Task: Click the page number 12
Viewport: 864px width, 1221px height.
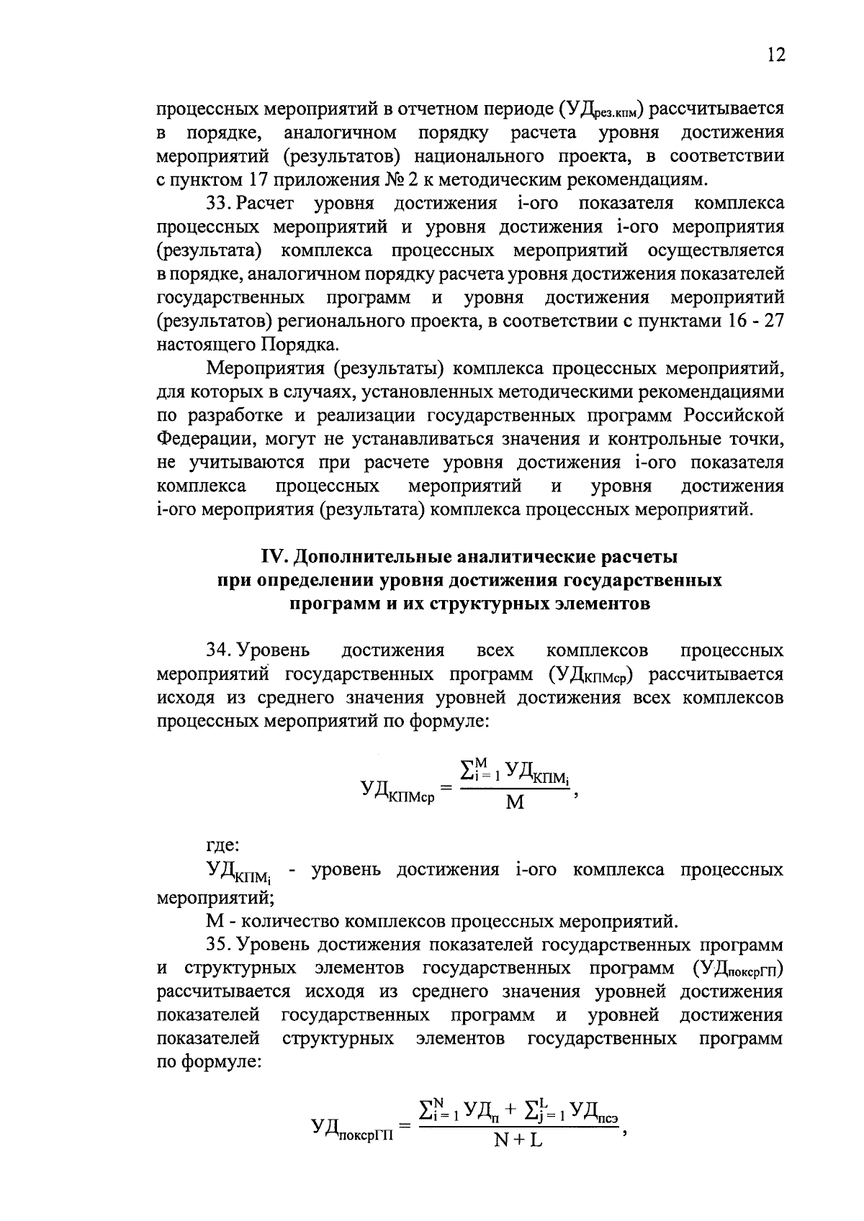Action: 775,56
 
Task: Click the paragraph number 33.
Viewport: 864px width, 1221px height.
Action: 218,204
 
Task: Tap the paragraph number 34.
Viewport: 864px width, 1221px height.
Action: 218,650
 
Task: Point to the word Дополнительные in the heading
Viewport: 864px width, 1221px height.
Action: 368,557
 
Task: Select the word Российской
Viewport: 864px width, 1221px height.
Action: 734,416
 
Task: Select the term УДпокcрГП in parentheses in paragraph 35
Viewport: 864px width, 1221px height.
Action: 738,968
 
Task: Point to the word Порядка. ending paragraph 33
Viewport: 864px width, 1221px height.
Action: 297,344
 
